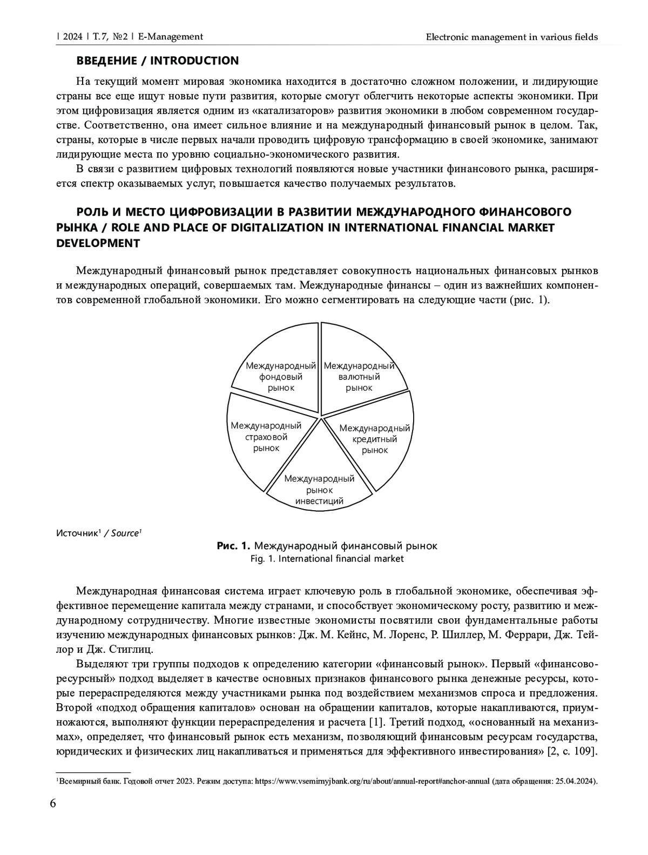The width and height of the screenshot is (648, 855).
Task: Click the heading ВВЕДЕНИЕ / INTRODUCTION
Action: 157,61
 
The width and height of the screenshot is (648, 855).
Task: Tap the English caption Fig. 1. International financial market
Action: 327,559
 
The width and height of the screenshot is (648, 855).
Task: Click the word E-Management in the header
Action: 170,37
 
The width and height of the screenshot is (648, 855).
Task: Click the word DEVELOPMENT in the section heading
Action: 98,243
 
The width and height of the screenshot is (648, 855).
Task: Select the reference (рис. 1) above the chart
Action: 530,300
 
